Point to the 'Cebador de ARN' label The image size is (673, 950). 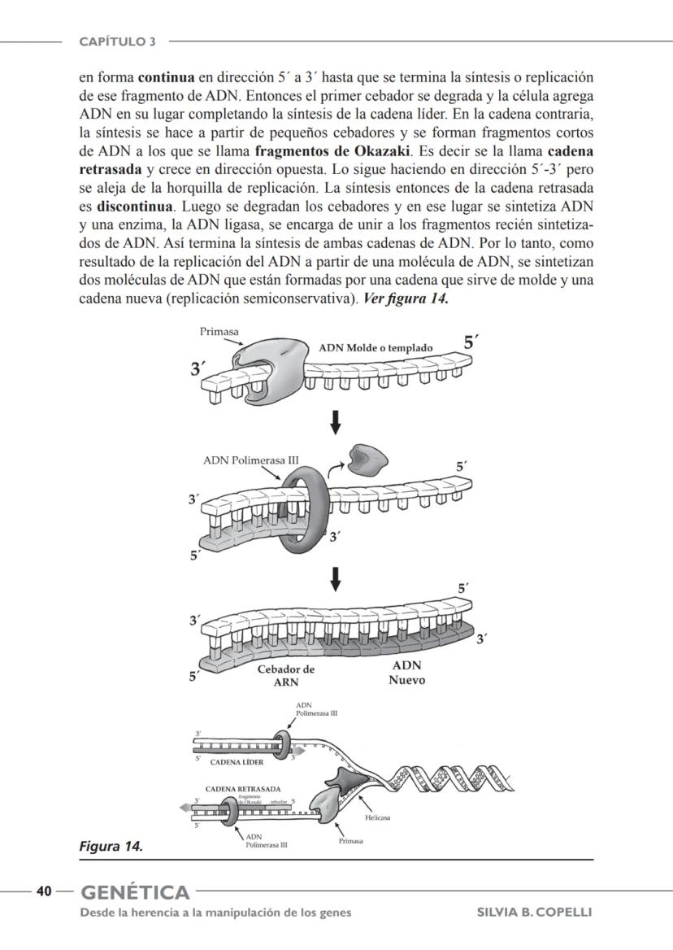285,676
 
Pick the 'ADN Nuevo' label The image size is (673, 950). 406,673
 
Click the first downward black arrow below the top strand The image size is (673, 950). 333,422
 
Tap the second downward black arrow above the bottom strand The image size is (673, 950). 333,580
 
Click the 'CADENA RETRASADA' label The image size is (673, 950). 243,789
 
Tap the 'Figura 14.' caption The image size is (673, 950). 111,847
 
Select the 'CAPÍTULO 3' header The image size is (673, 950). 117,41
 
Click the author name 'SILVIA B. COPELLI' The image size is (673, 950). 534,913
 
